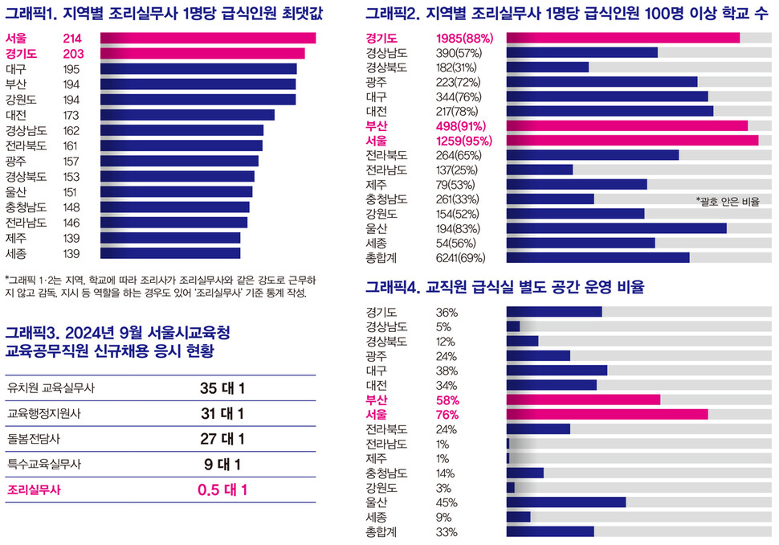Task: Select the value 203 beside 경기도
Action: tap(73, 53)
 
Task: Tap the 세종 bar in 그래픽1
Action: tap(170, 252)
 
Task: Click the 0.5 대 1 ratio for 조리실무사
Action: tap(222, 490)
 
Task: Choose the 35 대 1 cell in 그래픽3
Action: tap(222, 388)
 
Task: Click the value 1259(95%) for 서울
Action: tap(464, 141)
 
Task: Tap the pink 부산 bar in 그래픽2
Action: tap(626, 125)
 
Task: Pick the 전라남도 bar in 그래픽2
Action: tap(539, 170)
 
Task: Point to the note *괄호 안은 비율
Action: tap(728, 201)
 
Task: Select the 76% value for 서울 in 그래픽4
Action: tap(447, 414)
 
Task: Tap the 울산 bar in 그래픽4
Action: tap(565, 502)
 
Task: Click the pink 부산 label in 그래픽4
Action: tap(377, 400)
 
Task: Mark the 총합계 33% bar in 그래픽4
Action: tap(549, 531)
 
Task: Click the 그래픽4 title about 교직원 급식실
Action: tap(504, 286)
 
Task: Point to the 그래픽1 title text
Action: tap(161, 13)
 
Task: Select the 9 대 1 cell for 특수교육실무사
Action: tap(222, 464)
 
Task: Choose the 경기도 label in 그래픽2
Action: tap(382, 38)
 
